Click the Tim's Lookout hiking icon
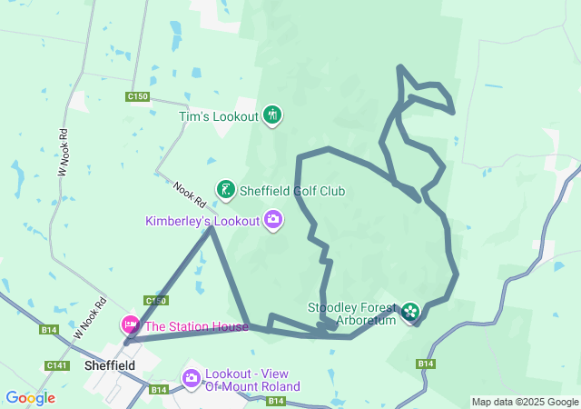[x=271, y=115]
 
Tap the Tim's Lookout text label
[x=218, y=116]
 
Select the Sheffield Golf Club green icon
[x=225, y=190]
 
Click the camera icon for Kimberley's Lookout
[x=272, y=220]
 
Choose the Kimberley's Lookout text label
[x=202, y=221]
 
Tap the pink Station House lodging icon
[x=131, y=325]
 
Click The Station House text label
[x=196, y=326]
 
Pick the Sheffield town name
[x=109, y=365]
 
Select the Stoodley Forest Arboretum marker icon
[x=411, y=313]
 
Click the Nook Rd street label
[x=189, y=192]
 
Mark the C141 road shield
[x=57, y=364]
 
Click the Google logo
[x=30, y=398]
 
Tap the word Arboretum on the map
[x=367, y=321]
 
